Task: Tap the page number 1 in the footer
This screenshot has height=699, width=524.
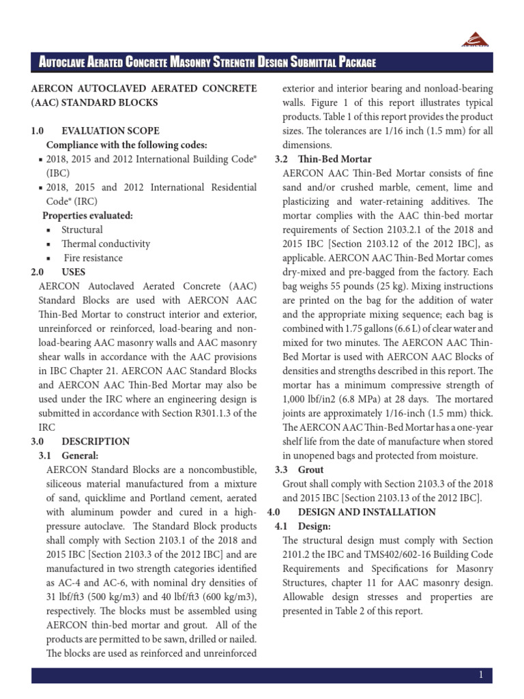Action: tap(481, 675)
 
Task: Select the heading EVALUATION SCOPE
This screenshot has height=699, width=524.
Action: tap(111, 130)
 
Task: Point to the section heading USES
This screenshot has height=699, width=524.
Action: tap(74, 272)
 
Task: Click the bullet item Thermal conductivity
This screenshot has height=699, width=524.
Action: tap(106, 244)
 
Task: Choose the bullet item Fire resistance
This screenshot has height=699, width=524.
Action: tap(93, 258)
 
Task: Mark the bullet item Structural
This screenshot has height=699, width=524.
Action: tap(82, 230)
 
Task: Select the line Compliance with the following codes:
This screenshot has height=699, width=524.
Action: tap(126, 145)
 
